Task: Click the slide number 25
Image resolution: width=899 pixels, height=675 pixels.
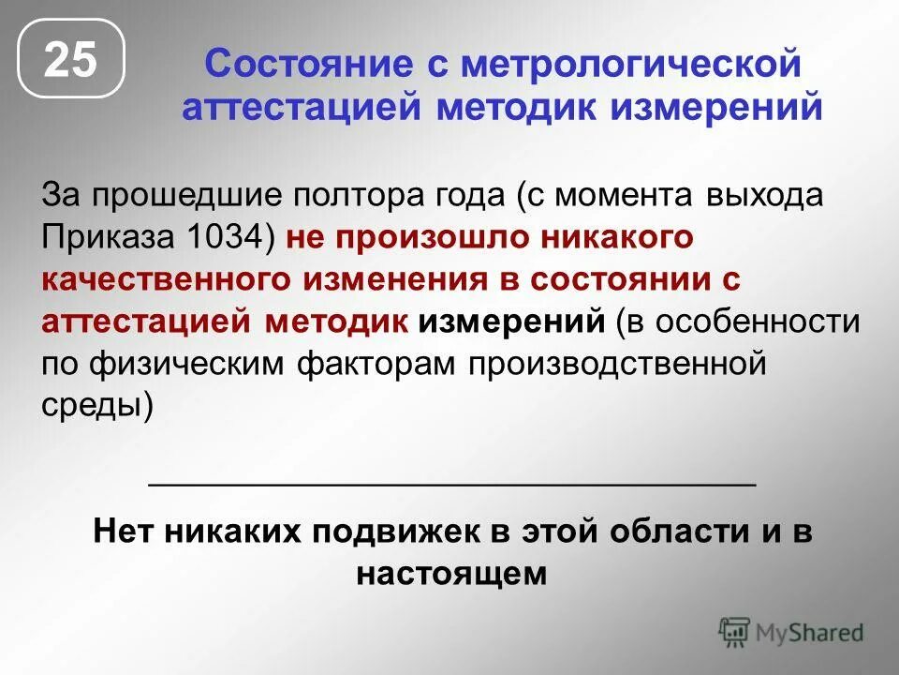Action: pyautogui.click(x=70, y=58)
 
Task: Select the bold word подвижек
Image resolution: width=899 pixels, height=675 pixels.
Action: pyautogui.click(x=393, y=533)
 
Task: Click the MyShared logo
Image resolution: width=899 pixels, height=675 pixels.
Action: pyautogui.click(x=791, y=632)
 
